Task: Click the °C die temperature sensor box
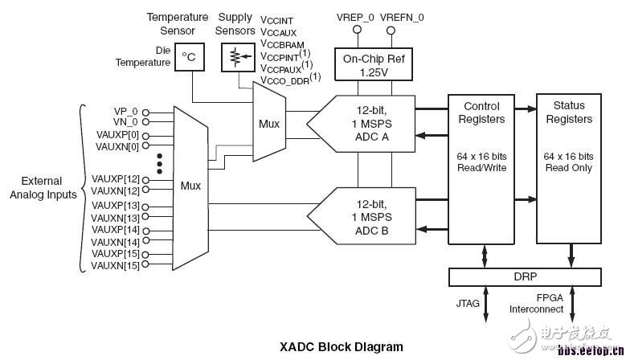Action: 189,56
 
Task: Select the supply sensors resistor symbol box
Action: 235,56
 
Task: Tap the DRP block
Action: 526,276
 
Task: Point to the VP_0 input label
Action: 125,112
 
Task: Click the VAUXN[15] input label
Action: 116,266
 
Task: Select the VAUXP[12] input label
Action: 116,179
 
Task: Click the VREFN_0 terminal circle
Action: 391,31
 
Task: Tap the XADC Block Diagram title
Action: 341,348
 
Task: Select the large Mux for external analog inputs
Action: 190,186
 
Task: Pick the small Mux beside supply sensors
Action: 268,125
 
